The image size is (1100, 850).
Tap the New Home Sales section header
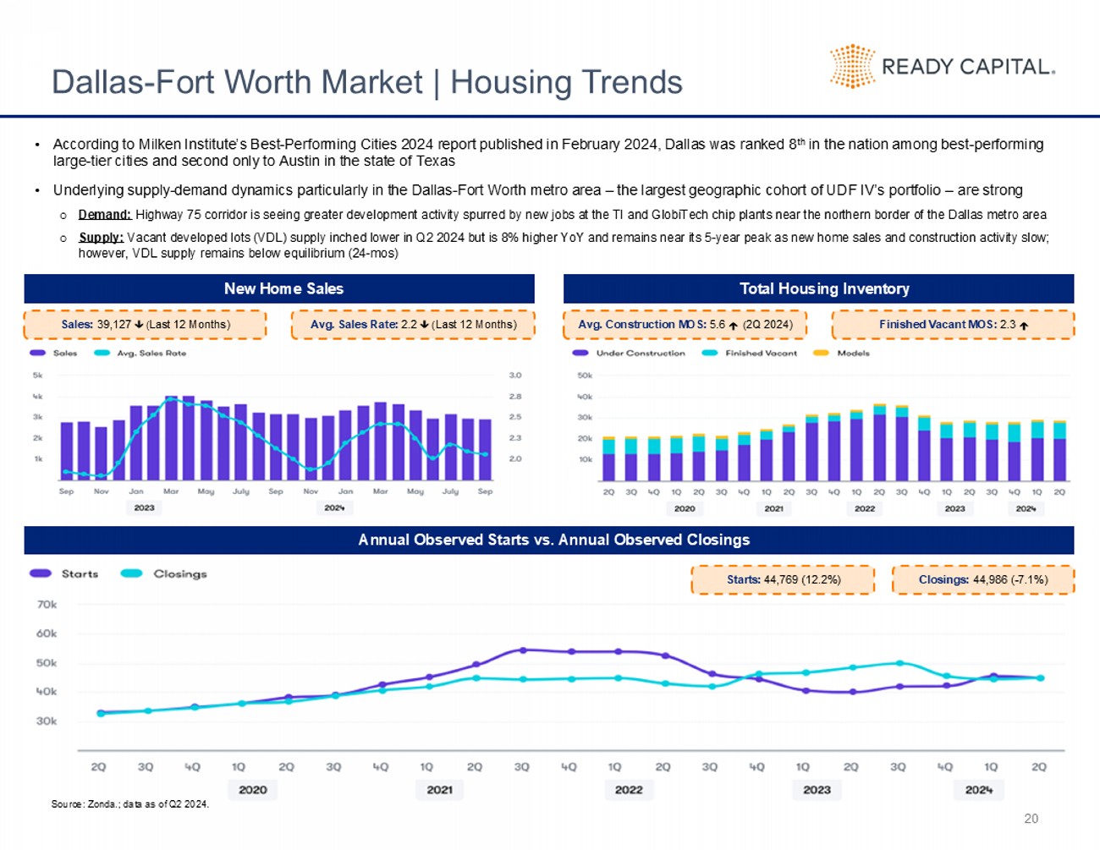pyautogui.click(x=283, y=288)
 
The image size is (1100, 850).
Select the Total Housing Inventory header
pyautogui.click(x=823, y=288)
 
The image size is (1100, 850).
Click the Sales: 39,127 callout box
pyautogui.click(x=145, y=325)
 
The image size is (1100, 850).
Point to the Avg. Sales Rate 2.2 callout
pyautogui.click(x=413, y=325)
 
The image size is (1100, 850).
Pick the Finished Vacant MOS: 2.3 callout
pyautogui.click(x=953, y=325)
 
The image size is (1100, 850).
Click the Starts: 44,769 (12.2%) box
pyautogui.click(x=783, y=580)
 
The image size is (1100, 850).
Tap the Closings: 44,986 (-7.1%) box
pyautogui.click(x=982, y=580)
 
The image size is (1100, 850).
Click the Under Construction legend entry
pyautogui.click(x=640, y=354)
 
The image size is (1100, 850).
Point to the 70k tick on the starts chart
pyautogui.click(x=47, y=605)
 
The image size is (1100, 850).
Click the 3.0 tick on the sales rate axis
pyautogui.click(x=515, y=375)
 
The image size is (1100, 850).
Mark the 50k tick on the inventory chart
pyautogui.click(x=585, y=375)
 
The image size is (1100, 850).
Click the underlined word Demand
pyautogui.click(x=105, y=215)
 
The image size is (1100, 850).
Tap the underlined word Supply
pyautogui.click(x=102, y=238)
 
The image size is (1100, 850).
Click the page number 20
pyautogui.click(x=1031, y=819)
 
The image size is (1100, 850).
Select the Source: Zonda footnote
pyautogui.click(x=129, y=804)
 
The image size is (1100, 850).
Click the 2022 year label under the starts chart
pyautogui.click(x=629, y=790)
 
